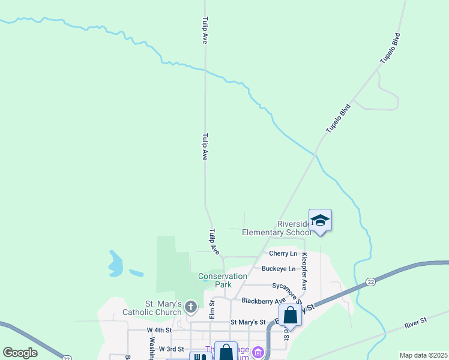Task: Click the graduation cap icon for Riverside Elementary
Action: (x=320, y=220)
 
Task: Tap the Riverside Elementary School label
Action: (x=276, y=228)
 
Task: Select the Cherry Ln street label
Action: (x=283, y=254)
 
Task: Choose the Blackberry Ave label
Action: (x=264, y=301)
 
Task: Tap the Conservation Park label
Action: (x=223, y=280)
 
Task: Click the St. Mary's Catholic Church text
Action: (x=152, y=308)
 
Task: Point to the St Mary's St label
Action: (x=247, y=322)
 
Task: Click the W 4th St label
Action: (x=159, y=330)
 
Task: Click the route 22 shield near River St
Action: (x=370, y=281)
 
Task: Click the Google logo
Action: (x=20, y=353)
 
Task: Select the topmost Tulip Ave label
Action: (x=205, y=30)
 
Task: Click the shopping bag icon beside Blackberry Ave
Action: (x=290, y=314)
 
